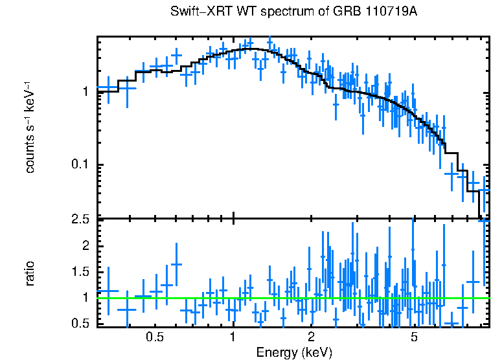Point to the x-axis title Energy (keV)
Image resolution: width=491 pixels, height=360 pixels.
(x=294, y=352)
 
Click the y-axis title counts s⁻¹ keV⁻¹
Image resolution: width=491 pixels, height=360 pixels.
(x=29, y=127)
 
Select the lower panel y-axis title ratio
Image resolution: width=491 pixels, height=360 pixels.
(x=29, y=273)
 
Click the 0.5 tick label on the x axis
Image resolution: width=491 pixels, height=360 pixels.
(x=154, y=337)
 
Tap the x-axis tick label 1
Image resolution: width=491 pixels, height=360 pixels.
(x=233, y=337)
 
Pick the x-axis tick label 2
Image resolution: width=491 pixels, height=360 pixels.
(x=311, y=337)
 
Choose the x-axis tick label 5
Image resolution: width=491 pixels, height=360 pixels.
(x=414, y=337)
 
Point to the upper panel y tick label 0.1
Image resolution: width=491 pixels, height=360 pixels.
(x=80, y=165)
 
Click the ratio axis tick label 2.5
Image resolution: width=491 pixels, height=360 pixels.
(x=80, y=219)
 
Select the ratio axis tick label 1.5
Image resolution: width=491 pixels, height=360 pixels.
(x=80, y=271)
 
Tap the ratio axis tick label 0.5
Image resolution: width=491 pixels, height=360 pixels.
(x=80, y=323)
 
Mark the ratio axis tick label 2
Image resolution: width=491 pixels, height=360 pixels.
(x=85, y=245)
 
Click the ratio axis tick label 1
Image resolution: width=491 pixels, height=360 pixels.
(x=85, y=297)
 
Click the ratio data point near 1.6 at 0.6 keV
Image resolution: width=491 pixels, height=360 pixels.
(x=176, y=264)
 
